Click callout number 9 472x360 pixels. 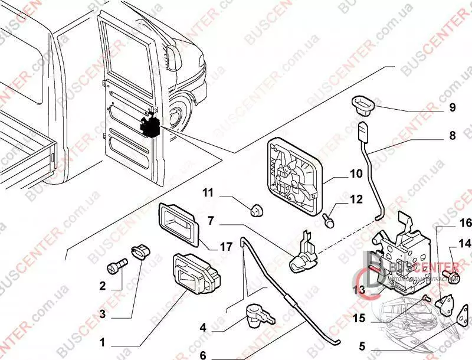452,108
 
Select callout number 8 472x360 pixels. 452,136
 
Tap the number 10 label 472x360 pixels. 356,174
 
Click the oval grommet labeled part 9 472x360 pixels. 362,104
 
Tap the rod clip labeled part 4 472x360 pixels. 258,315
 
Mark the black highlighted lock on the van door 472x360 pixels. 150,125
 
